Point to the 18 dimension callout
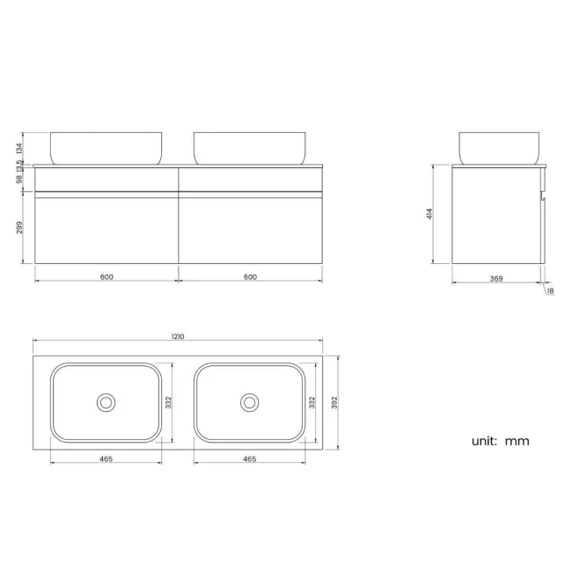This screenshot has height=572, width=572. pos(550,291)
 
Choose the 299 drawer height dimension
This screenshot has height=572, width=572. pos(20,228)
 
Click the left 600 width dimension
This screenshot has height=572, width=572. pos(106,277)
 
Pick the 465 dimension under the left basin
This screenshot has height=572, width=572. pos(106,459)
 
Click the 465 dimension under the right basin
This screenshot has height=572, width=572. pos(249,459)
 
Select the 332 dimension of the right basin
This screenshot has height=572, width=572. pos(311,402)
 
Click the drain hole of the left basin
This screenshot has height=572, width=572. pos(106,402)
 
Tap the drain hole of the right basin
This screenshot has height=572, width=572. pos(249,402)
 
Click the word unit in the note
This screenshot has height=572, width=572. pos(483,441)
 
